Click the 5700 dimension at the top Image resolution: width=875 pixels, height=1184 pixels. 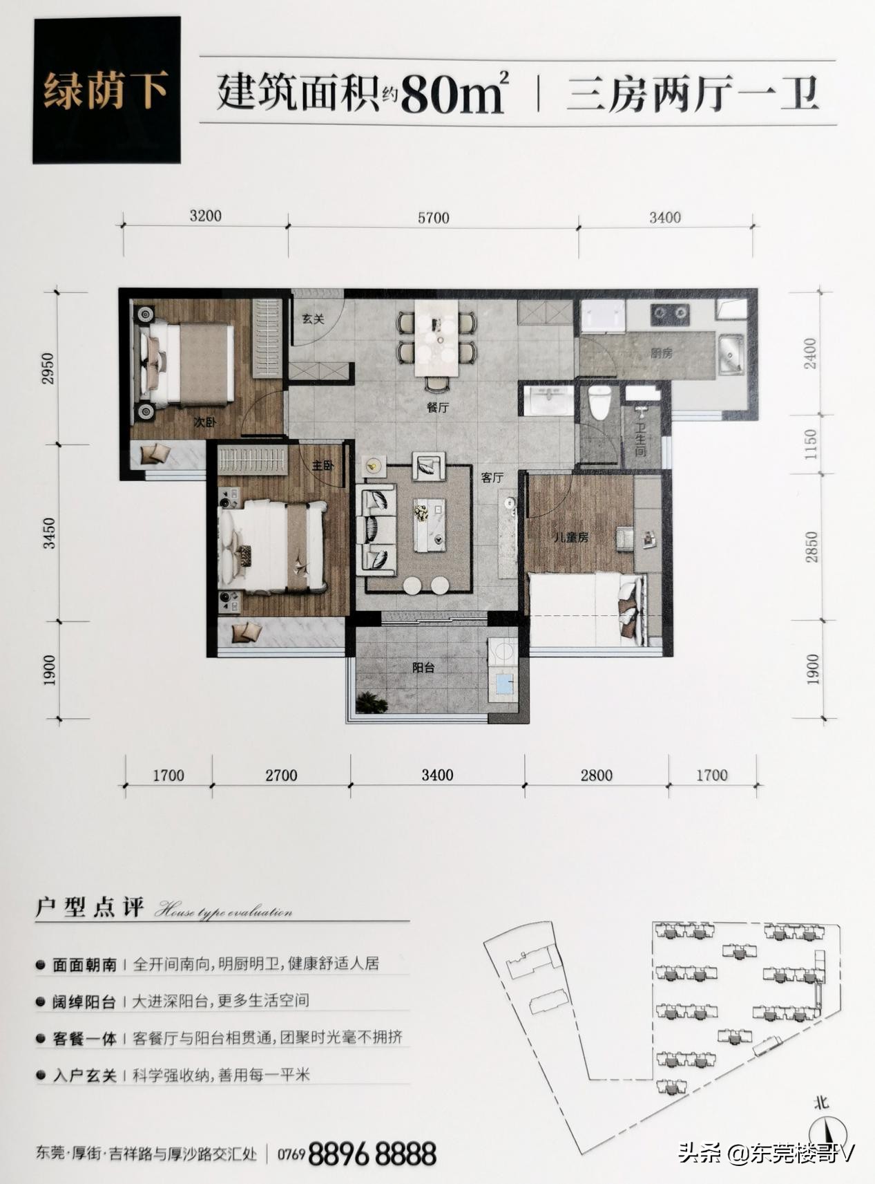pyautogui.click(x=433, y=218)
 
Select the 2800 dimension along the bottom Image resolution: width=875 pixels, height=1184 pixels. pyautogui.click(x=596, y=775)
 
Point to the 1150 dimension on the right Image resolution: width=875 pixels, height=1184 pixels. pyautogui.click(x=811, y=444)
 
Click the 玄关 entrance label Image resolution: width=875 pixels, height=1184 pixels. pyautogui.click(x=313, y=319)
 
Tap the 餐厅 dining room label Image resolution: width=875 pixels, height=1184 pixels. pyautogui.click(x=437, y=408)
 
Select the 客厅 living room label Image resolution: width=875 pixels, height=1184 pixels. pyautogui.click(x=492, y=478)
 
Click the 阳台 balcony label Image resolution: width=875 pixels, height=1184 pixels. pyautogui.click(x=423, y=668)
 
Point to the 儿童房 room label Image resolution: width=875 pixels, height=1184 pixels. pyautogui.click(x=571, y=537)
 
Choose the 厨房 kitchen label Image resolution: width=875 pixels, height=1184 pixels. pyautogui.click(x=661, y=353)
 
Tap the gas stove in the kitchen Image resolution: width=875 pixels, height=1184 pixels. pyautogui.click(x=670, y=315)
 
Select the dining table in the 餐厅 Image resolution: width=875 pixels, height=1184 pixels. pyautogui.click(x=436, y=337)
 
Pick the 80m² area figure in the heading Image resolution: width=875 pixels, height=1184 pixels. pyautogui.click(x=453, y=95)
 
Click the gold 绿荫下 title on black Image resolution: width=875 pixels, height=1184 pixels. pyautogui.click(x=106, y=91)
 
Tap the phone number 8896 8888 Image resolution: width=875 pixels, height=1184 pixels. pyautogui.click(x=372, y=1154)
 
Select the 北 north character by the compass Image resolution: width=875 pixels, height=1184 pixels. pyautogui.click(x=821, y=1103)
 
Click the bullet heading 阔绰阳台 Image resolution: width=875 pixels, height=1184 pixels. pyautogui.click(x=84, y=1002)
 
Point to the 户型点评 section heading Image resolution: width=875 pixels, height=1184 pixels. pyautogui.click(x=89, y=908)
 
